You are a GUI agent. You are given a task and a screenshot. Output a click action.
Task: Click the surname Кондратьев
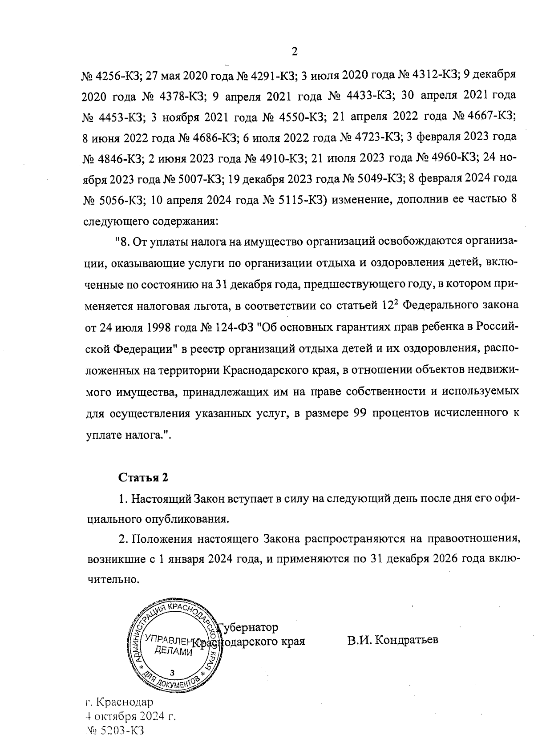click(393, 640)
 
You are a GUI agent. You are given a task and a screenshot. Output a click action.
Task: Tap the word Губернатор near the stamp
click(249, 627)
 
